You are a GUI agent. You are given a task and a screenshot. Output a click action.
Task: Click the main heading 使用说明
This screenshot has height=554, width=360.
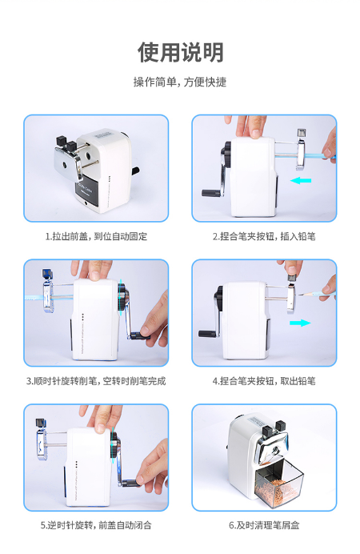coord(180,52)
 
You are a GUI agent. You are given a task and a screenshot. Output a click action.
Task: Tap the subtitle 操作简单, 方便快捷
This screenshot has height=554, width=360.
coord(180,82)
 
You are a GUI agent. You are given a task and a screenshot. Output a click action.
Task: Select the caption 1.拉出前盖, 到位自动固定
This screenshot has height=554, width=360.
coord(96,236)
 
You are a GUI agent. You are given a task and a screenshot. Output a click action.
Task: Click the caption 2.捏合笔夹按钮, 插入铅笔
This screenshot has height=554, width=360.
coord(264,236)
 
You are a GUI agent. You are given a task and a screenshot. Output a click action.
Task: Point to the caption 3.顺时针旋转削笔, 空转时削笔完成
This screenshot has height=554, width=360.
coord(96,381)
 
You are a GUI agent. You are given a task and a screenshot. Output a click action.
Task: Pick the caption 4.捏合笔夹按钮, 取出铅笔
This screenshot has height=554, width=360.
coord(264,381)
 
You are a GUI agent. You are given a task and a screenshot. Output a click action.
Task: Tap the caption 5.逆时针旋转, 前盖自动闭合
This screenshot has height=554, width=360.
coord(96,525)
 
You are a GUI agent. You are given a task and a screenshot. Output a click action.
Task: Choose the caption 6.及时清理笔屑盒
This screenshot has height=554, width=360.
coord(264,525)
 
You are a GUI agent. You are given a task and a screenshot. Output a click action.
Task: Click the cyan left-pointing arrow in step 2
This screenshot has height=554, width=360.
coord(301,181)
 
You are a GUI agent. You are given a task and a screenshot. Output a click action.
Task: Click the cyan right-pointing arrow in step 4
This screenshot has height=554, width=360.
coord(300,323)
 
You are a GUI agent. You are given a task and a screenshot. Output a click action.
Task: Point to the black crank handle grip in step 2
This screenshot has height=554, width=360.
coord(211,193)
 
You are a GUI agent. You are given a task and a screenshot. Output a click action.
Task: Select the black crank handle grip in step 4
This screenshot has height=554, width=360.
coord(208,334)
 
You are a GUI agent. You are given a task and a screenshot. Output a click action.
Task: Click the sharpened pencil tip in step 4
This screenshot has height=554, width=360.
coord(300,294)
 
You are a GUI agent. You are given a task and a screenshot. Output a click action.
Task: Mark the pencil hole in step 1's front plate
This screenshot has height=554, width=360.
coord(65,165)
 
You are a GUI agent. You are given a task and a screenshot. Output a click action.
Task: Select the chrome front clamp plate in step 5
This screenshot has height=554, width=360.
coord(41,444)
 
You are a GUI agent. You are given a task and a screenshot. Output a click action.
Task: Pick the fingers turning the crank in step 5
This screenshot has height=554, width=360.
coord(153,467)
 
